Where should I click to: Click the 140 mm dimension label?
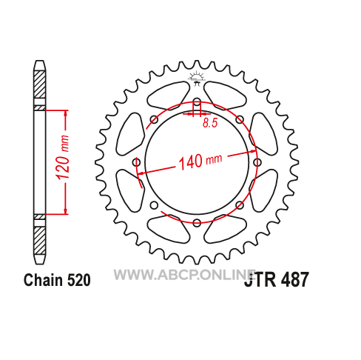point(200,161)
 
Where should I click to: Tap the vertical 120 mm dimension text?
point(62,157)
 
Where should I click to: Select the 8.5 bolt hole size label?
point(210,123)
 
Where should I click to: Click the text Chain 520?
point(57,280)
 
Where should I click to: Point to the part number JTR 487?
point(276,280)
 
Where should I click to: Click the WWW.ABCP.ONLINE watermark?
point(184,275)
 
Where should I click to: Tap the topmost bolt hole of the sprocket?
point(197,101)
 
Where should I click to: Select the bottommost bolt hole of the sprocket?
point(197,223)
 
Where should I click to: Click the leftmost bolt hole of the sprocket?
point(136,162)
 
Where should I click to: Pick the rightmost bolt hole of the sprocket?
point(257,162)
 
